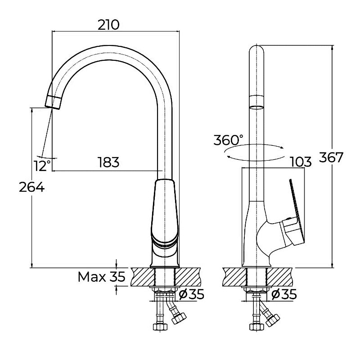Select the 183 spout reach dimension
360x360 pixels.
click(x=108, y=162)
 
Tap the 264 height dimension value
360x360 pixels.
click(x=31, y=187)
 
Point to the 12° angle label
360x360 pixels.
click(x=42, y=166)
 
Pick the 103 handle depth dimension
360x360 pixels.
click(x=301, y=162)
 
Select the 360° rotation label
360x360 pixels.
click(x=228, y=140)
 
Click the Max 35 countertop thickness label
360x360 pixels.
click(x=101, y=276)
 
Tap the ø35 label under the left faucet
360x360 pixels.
click(x=192, y=294)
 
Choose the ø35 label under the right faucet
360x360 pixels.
click(x=284, y=294)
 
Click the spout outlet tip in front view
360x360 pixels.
click(x=54, y=102)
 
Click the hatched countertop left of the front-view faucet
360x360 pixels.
click(x=142, y=277)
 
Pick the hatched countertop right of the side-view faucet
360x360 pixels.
click(x=283, y=276)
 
